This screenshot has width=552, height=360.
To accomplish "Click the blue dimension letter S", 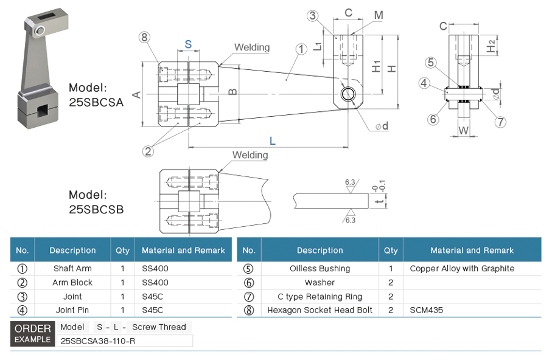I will coord(188,44).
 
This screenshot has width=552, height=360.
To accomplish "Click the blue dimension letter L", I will coord(272,141).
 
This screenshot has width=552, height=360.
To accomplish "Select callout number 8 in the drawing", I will coord(144,38).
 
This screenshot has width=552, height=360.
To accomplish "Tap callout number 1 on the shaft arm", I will coord(301,49).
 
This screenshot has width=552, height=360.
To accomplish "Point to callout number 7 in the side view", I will coord(500,122).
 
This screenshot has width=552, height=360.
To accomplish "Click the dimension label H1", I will coord(377,66).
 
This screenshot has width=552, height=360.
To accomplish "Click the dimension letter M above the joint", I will coord(379,15).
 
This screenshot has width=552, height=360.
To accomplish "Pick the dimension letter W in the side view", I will coord(464,130).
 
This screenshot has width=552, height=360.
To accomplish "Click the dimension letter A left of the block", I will coord(137,94).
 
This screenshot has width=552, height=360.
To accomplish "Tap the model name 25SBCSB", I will coord(96,209).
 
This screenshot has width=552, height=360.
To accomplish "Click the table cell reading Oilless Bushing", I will coord(320,268).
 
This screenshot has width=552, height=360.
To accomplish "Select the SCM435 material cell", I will coord(426,310).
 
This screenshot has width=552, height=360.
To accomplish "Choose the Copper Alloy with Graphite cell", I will coord(462,268).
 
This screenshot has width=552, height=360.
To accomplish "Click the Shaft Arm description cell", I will coord(72,268).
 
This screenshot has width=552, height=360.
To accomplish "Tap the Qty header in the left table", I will coord(122,250).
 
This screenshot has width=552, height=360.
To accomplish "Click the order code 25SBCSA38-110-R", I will coord(98,341).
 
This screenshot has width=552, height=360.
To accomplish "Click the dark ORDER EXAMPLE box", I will coord(33,334).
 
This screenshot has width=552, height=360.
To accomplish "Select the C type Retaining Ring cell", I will coord(320,297).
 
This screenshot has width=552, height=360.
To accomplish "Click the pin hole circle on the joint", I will coord(348,94).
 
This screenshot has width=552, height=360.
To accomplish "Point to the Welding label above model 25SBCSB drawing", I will coord(250,156).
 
